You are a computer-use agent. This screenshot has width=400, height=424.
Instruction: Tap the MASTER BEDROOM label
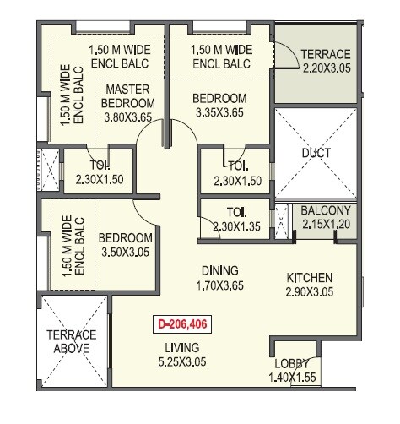pyautogui.click(x=128, y=96)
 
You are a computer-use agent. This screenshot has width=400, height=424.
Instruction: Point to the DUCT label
pyautogui.click(x=316, y=153)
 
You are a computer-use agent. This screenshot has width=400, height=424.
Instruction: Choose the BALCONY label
pyautogui.click(x=326, y=210)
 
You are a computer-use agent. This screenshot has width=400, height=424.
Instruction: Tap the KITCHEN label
pyautogui.click(x=309, y=278)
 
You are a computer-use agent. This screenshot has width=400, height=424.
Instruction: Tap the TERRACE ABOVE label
pyautogui.click(x=71, y=340)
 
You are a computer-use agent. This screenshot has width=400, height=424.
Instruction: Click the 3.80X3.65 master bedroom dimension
pyautogui.click(x=128, y=117)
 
